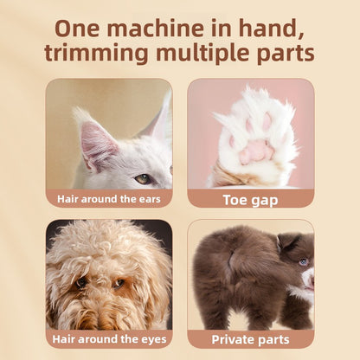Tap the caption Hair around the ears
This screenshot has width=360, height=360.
pyautogui.click(x=109, y=198)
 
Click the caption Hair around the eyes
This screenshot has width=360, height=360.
pyautogui.click(x=109, y=338)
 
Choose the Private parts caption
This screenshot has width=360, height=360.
pyautogui.click(x=250, y=338)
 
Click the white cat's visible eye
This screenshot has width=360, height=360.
pyautogui.click(x=143, y=178)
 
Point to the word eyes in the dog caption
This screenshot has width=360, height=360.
pyautogui.click(x=150, y=338)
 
